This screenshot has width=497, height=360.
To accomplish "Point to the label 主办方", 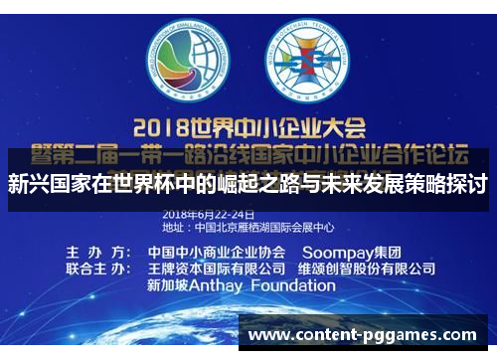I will tap(94, 252).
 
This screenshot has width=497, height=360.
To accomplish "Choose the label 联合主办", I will tap(94, 269).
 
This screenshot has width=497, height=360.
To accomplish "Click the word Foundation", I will tap(307, 285).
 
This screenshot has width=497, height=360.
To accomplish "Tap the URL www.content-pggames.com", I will tap(362, 335).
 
